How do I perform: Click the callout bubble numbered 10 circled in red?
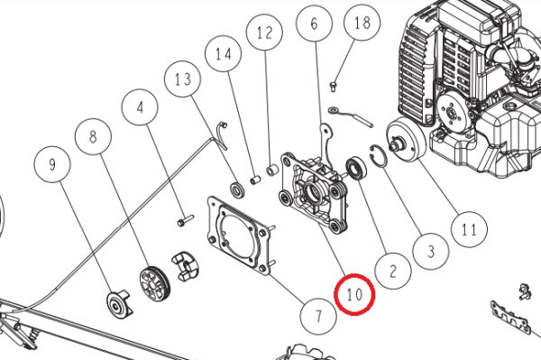[354, 294]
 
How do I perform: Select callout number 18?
[362, 23]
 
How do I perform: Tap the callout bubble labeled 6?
[314, 23]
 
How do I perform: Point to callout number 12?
[264, 32]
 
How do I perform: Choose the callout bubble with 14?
[224, 54]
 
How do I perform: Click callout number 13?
[183, 78]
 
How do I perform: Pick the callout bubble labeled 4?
[140, 107]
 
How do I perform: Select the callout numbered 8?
[93, 136]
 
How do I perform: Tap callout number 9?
[52, 164]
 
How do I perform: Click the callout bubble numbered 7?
[318, 316]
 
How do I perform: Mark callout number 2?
[393, 271]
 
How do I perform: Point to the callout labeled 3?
[431, 251]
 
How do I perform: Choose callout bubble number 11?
[469, 229]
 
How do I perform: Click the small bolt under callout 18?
[334, 87]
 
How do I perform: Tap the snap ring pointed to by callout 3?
[378, 156]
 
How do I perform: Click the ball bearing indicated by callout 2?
[355, 168]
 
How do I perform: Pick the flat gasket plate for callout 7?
[239, 236]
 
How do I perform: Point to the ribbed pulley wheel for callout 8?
[155, 283]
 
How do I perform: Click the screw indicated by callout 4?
[185, 220]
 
